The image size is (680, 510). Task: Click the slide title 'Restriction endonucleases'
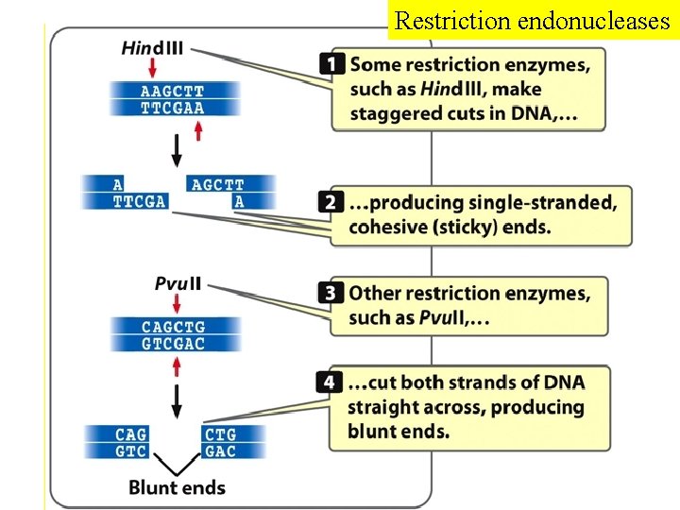pyautogui.click(x=532, y=20)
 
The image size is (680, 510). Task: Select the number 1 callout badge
pyautogui.click(x=331, y=64)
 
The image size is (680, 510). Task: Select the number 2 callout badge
pyautogui.click(x=330, y=202)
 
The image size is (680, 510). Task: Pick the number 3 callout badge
pyautogui.click(x=330, y=293)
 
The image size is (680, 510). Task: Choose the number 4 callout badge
pyautogui.click(x=328, y=382)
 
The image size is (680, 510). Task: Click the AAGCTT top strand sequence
pyautogui.click(x=172, y=92)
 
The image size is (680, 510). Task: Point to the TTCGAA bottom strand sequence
pyautogui.click(x=172, y=108)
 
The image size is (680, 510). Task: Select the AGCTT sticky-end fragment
pyautogui.click(x=217, y=185)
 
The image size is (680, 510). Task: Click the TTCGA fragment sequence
pyautogui.click(x=139, y=201)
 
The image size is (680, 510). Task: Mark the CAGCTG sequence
pyautogui.click(x=173, y=327)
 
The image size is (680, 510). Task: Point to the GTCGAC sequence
pyautogui.click(x=173, y=344)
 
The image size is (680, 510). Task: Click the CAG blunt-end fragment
pyautogui.click(x=131, y=434)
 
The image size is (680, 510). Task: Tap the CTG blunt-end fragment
pyautogui.click(x=220, y=434)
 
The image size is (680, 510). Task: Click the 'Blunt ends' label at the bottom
pyautogui.click(x=177, y=487)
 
